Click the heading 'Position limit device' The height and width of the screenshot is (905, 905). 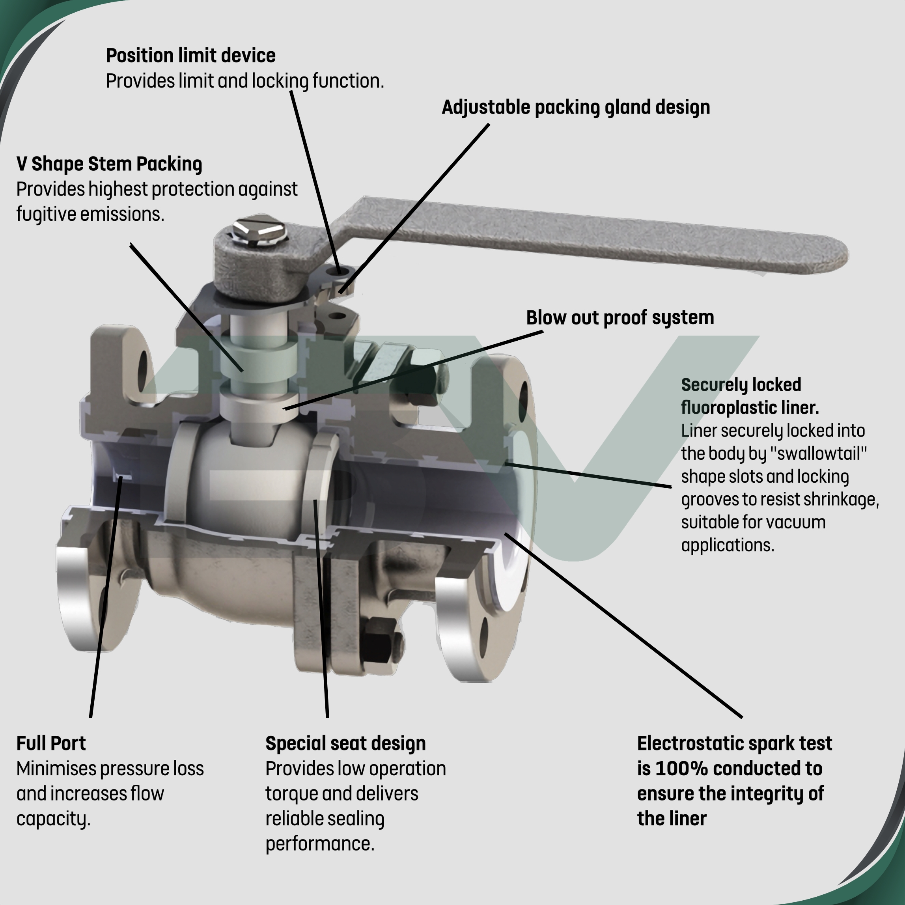tap(190, 56)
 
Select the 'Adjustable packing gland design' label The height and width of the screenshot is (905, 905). tap(576, 107)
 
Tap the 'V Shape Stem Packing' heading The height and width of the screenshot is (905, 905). tap(109, 164)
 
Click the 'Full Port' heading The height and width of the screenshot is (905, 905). tap(51, 743)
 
